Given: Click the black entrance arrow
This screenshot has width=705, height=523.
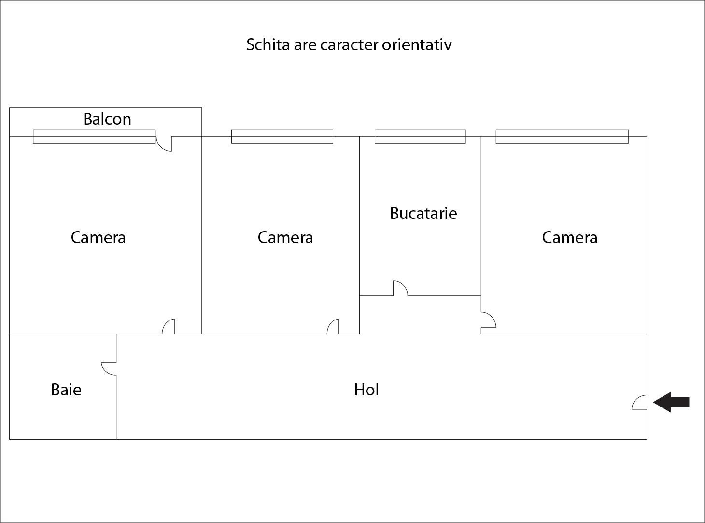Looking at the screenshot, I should [672, 402].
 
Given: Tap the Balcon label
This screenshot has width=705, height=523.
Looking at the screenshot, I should [107, 119].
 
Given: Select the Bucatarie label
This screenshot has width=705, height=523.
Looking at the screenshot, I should [423, 213].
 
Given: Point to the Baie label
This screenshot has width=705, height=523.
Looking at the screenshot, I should [66, 390].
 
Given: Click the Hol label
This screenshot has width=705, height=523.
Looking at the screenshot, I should [367, 390].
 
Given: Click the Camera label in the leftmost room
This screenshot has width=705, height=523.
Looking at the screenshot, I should [98, 237].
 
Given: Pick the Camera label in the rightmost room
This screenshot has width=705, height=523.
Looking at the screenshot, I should [570, 237].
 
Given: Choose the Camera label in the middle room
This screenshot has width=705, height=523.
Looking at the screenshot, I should [285, 237].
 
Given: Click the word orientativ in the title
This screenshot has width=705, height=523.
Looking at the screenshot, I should [417, 44].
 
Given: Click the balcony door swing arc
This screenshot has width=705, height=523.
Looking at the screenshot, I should [164, 145].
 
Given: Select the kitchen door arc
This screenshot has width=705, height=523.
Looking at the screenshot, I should [400, 288].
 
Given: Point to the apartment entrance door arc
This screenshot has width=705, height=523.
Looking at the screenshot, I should [639, 402].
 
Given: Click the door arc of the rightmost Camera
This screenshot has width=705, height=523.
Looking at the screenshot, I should [489, 320].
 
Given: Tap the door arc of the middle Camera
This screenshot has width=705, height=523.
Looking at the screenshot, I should [333, 326].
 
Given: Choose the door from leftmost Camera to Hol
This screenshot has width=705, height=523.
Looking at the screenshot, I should [168, 326].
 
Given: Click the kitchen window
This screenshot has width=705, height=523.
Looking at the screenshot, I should [420, 136].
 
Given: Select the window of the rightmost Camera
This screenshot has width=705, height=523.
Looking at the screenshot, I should [562, 136].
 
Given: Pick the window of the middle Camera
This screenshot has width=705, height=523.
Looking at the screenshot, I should [282, 136].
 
